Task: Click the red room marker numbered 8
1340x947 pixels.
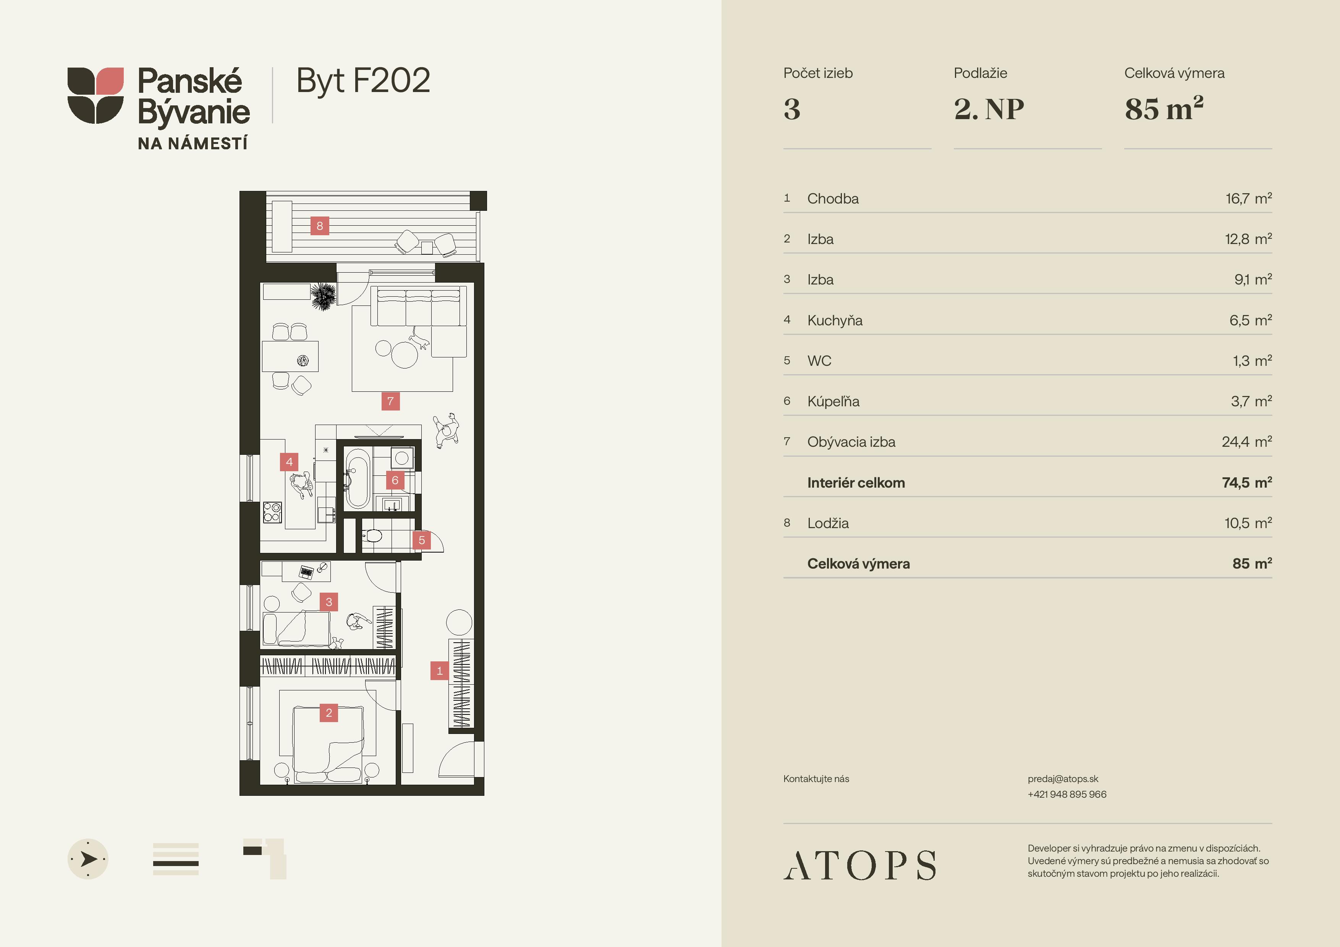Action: tap(319, 226)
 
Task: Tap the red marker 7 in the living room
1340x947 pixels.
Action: tap(390, 401)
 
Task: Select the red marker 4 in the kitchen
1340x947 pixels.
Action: tap(289, 462)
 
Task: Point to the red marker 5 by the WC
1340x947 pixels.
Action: tap(421, 540)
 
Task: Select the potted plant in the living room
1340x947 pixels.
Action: tap(323, 296)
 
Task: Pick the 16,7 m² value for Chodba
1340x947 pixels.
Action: tap(1248, 199)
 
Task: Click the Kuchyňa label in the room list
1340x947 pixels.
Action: tap(835, 320)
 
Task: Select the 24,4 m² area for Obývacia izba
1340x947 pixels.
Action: tap(1247, 442)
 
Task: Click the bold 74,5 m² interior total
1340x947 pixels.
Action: tap(1247, 483)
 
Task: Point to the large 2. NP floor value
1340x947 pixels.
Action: tap(989, 109)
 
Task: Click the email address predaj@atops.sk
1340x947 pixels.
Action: tap(1063, 779)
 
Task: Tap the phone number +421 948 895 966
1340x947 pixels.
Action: tap(1067, 794)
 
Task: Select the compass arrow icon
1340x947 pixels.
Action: tap(88, 859)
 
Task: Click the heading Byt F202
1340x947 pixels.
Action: tap(363, 81)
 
